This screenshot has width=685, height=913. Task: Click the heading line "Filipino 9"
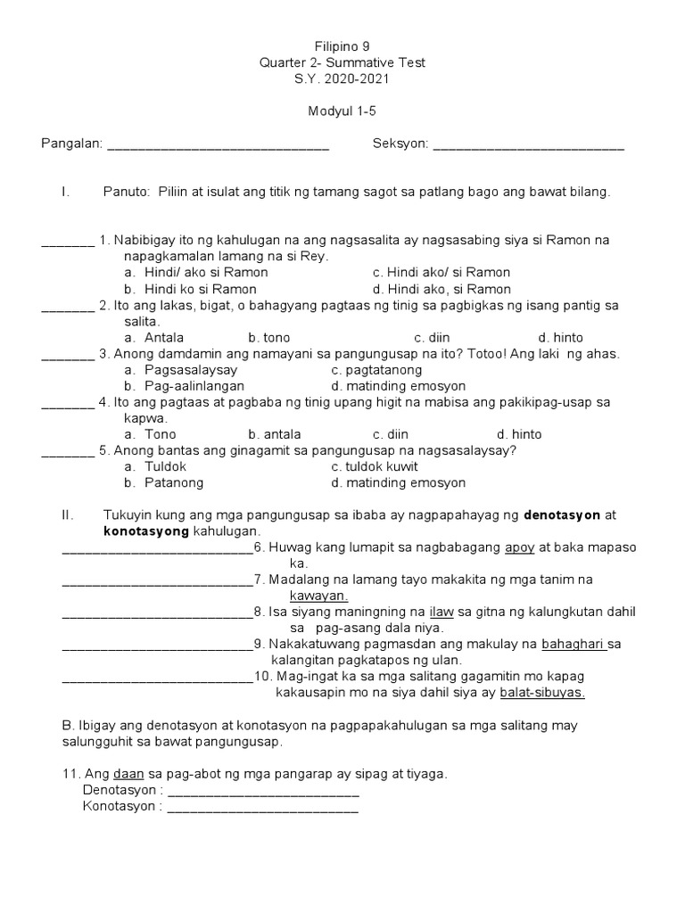(x=342, y=45)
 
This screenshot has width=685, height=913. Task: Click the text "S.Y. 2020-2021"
(x=342, y=78)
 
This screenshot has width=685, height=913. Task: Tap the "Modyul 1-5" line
(x=342, y=111)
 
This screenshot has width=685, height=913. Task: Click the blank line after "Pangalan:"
(x=218, y=145)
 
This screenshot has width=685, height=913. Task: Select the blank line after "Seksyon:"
(x=528, y=145)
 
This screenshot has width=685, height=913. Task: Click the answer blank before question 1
(x=68, y=242)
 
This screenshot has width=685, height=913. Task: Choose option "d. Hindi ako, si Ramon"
(x=442, y=289)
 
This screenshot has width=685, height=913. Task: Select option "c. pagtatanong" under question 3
(x=376, y=370)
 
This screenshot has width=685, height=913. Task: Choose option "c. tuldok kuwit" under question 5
(x=374, y=466)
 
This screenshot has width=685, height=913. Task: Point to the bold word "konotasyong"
(x=146, y=531)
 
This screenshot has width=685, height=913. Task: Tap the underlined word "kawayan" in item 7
(x=318, y=596)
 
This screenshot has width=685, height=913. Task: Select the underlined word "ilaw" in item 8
(x=442, y=612)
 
